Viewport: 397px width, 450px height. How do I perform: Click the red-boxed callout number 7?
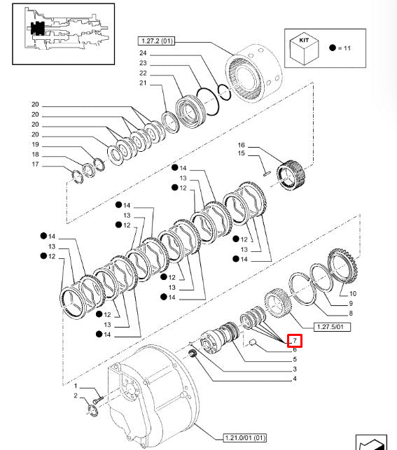click(x=295, y=341)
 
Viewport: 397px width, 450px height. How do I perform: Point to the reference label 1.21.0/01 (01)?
click(x=245, y=437)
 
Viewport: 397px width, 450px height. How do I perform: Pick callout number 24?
click(x=143, y=53)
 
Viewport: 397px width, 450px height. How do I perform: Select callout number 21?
click(x=143, y=84)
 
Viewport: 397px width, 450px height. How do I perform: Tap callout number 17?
click(x=35, y=165)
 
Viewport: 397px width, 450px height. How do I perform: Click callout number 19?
click(x=35, y=145)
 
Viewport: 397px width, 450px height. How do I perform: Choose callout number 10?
click(x=352, y=293)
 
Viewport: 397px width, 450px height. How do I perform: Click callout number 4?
click(x=295, y=379)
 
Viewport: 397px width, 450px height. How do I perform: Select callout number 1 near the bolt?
click(x=75, y=386)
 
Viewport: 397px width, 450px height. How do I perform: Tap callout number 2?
click(x=75, y=396)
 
